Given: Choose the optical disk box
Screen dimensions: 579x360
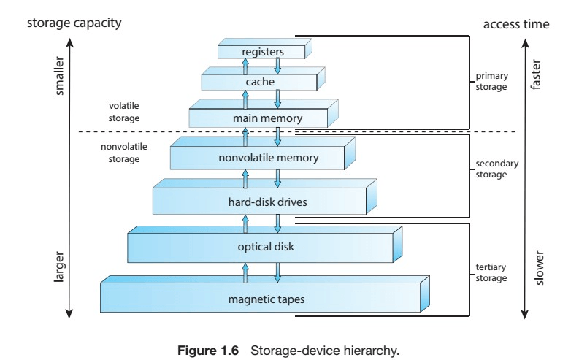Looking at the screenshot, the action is (265, 245).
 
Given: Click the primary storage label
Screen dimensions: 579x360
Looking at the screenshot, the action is (491, 81).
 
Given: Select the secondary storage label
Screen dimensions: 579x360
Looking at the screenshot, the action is (496, 169).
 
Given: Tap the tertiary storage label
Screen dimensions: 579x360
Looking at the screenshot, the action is (491, 272).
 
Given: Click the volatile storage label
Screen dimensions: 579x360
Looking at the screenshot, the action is (123, 112).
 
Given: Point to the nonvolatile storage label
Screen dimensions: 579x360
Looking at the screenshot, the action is (123, 153).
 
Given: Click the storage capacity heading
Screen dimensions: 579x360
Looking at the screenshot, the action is (74, 23).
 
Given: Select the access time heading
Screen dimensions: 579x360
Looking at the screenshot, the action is (516, 24).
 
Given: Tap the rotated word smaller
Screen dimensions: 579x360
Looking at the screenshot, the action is (59, 76).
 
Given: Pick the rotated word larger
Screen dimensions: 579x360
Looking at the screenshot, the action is (59, 267).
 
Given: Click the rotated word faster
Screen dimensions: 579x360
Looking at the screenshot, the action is (535, 74).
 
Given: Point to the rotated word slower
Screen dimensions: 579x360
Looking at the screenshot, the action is (540, 268).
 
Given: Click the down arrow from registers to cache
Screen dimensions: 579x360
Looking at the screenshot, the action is (277, 65).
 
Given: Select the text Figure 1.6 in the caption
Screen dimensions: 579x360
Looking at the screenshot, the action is (208, 351).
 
